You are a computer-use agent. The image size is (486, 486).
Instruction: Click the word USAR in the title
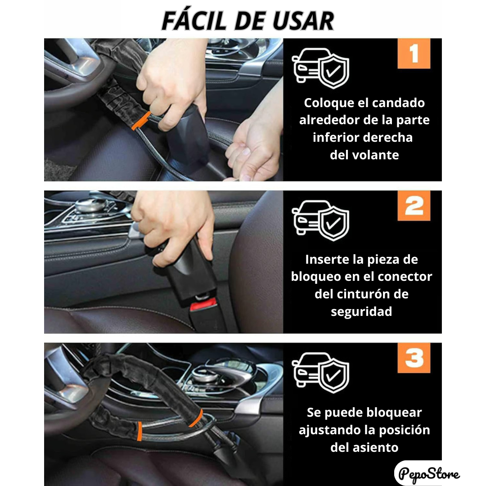point(303,21)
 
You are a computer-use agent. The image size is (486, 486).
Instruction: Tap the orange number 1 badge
point(414,53)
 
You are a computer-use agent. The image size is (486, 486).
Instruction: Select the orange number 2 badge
point(414,206)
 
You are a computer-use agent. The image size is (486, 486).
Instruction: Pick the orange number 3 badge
point(414,358)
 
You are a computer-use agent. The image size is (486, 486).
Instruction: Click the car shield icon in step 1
point(320,68)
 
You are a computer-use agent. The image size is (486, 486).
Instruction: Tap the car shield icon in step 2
point(320,220)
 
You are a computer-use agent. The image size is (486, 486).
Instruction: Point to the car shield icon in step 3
point(320,373)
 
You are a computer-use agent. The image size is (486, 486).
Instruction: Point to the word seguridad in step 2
point(361,312)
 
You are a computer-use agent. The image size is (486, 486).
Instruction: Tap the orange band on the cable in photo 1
point(141,121)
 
